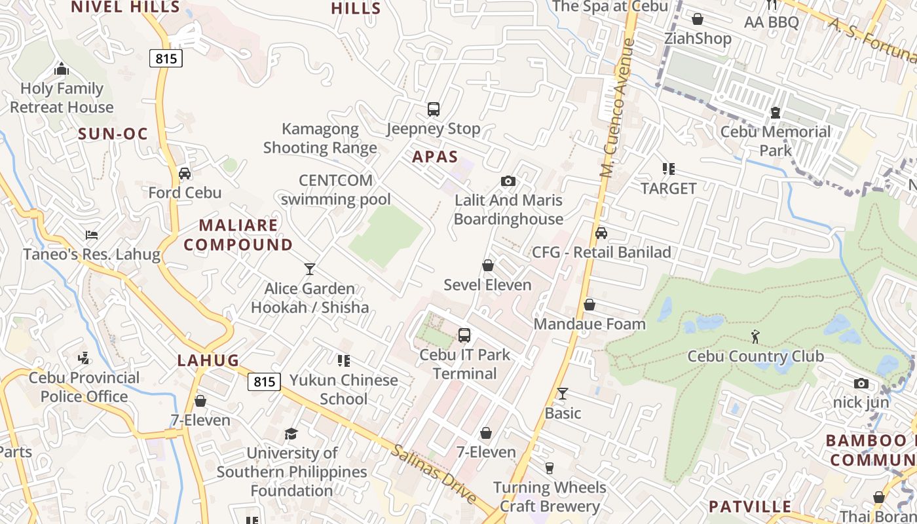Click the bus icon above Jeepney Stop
pos(433,109)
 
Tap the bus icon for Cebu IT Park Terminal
pos(464,335)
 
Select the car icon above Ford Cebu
pos(185,174)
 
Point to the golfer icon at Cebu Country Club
pos(755,337)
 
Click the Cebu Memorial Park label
pos(776,141)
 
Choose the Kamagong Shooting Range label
pos(320,138)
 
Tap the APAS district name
pos(435,157)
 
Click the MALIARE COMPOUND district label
pos(238,235)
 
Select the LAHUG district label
pos(208,360)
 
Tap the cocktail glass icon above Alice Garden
pos(309,269)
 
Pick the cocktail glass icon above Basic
pos(563,394)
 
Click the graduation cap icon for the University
pos(291,434)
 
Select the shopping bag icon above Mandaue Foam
pos(589,305)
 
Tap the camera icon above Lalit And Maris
pos(508,181)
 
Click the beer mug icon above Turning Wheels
pos(550,468)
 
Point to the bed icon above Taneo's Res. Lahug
pos(92,235)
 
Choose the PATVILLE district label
pos(750,507)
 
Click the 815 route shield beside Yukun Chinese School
pos(265,382)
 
